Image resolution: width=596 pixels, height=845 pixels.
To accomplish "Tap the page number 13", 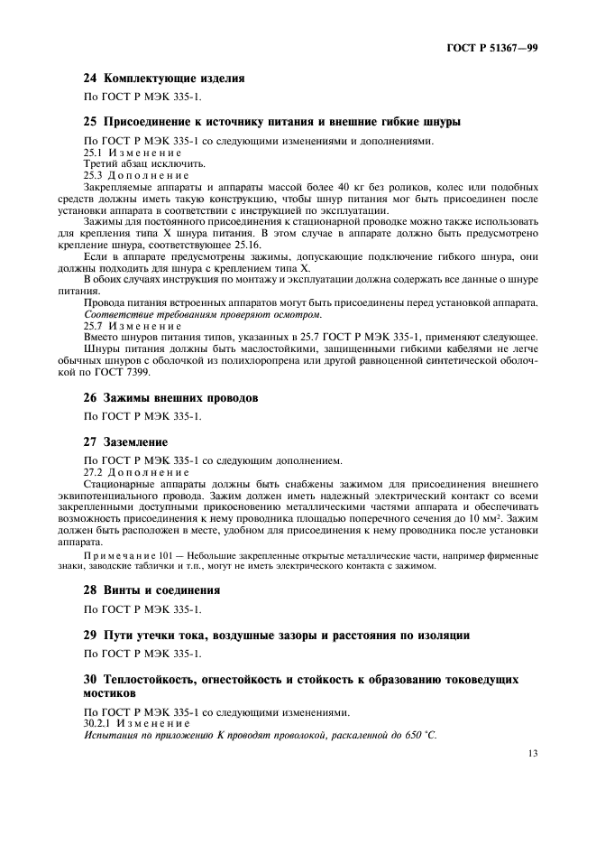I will (531, 753).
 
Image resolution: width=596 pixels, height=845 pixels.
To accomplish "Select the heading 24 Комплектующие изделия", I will (163, 79).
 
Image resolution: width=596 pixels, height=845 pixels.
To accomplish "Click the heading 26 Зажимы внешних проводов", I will (171, 397).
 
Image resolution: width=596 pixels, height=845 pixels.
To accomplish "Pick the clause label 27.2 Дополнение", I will (136, 471).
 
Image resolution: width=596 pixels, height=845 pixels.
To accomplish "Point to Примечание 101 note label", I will (153, 555).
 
